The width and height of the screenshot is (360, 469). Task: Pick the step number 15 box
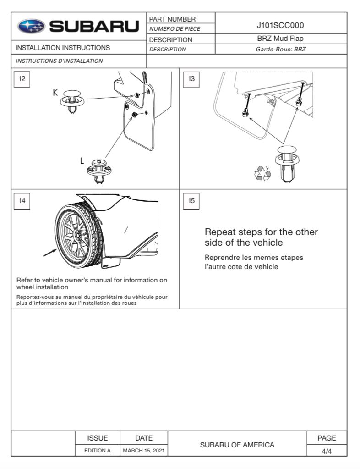point(191,200)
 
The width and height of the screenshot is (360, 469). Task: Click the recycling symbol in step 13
point(262,173)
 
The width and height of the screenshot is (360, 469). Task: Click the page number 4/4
point(327,451)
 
